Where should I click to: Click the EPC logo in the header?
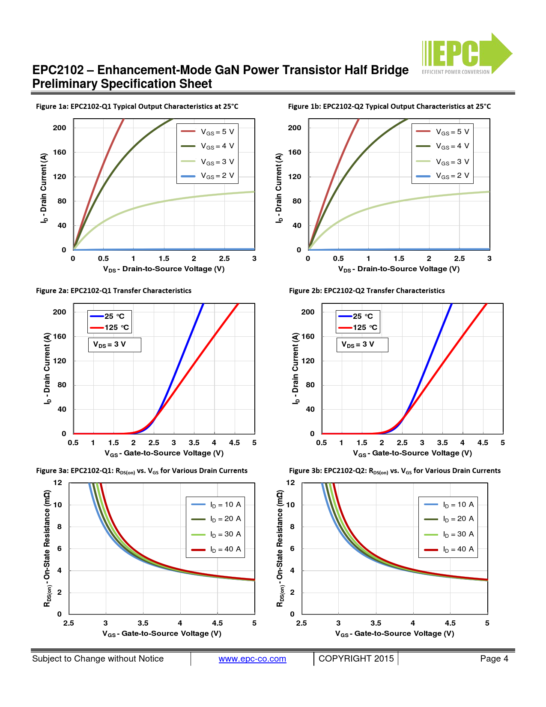click(x=466, y=54)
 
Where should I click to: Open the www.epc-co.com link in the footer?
click(x=252, y=659)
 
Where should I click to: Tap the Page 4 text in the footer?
click(x=494, y=659)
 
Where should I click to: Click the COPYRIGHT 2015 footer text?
click(x=356, y=659)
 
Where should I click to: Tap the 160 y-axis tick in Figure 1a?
click(x=60, y=152)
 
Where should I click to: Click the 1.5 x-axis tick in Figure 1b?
click(x=399, y=258)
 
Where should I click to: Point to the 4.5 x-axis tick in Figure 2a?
click(x=234, y=443)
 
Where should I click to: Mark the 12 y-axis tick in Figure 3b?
click(x=290, y=482)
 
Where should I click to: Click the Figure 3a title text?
click(x=141, y=470)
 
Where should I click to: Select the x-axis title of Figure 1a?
click(x=164, y=269)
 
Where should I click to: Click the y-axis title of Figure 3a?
click(x=47, y=548)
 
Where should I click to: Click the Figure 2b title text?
click(x=367, y=291)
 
